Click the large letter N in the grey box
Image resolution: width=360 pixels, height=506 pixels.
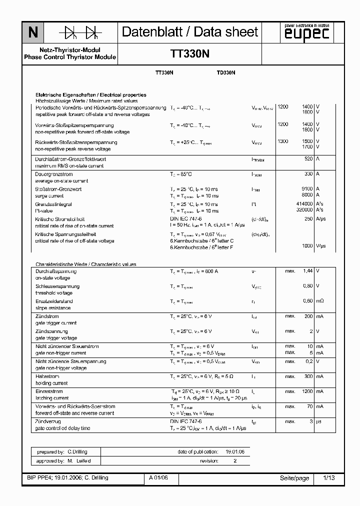[32, 33]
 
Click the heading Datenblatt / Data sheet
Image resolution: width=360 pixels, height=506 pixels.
[190, 32]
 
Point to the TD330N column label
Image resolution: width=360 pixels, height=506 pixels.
[226, 73]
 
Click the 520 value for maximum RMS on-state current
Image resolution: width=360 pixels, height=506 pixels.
[308, 159]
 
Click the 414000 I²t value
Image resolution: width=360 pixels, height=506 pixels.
[304, 204]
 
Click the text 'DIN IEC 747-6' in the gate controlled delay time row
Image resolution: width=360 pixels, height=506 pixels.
[185, 421]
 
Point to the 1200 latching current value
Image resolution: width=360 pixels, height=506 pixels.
[307, 391]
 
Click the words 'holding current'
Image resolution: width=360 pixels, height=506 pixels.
[51, 383]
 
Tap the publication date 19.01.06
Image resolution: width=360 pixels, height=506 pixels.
[235, 451]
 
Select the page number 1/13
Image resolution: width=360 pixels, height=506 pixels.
[329, 478]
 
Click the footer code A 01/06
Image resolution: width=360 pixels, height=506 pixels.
[158, 478]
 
